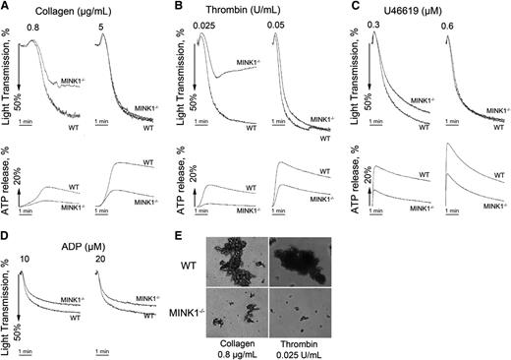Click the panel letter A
[6, 7]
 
